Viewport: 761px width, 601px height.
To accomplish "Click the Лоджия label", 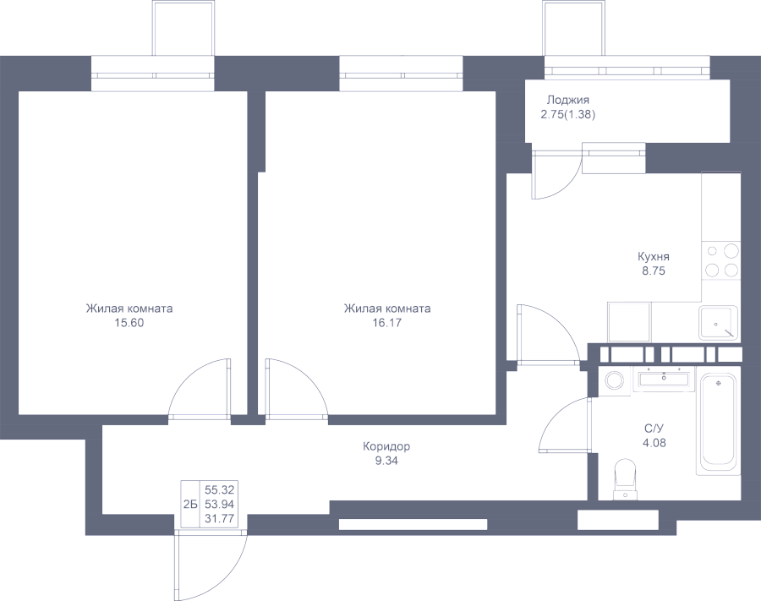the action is pos(568,101).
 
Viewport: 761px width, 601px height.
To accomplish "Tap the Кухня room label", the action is pos(654,257).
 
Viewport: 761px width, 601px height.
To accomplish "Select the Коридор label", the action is pos(386,446).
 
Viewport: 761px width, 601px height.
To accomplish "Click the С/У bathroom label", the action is pos(654,429).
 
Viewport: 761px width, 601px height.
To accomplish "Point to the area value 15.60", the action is pos(129,323).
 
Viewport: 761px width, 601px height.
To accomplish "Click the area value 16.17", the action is pos(386,323).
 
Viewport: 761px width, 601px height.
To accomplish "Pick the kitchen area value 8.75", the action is pos(654,271).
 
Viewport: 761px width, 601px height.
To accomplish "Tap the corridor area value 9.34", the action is pos(386,461).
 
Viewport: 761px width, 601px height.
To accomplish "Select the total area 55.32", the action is pos(219,490).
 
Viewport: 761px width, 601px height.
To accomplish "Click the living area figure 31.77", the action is pos(219,519).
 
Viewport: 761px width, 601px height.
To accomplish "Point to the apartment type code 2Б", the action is pos(189,505).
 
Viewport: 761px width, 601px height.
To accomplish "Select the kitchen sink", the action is pos(719,323).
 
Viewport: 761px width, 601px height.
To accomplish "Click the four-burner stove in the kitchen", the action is pos(721,260).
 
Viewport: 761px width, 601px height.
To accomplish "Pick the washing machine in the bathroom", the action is pos(615,380).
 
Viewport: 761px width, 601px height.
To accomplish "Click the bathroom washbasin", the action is pos(664,378).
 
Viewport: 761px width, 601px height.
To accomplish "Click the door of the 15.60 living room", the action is pos(200,388).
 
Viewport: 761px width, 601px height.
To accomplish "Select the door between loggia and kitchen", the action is pos(556,175).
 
